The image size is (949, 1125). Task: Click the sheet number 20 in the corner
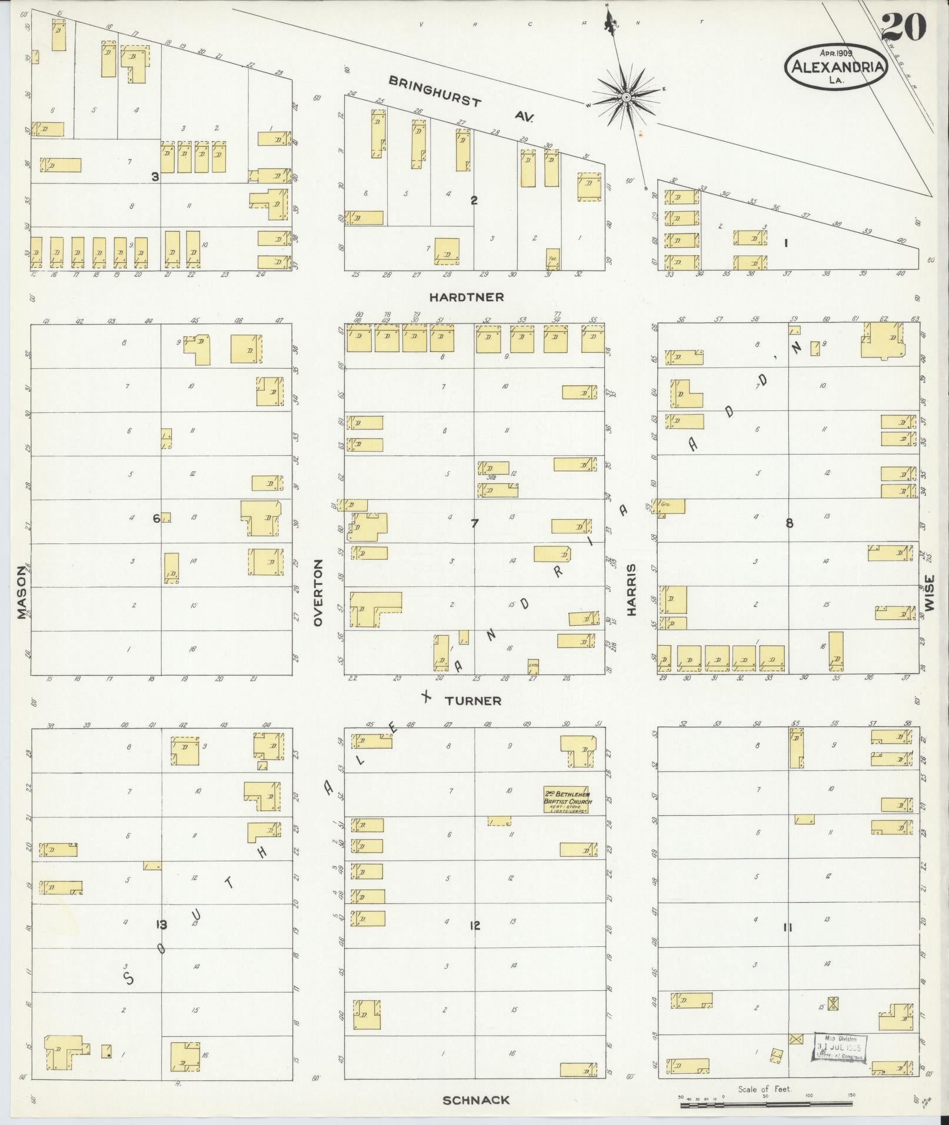pyautogui.click(x=904, y=27)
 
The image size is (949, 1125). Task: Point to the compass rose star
pyautogui.click(x=627, y=96)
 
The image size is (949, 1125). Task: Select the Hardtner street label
pyautogui.click(x=466, y=298)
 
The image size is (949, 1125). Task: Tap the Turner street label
pyautogui.click(x=472, y=701)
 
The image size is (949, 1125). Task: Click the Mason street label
pyautogui.click(x=22, y=593)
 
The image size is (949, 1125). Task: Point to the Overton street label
pyautogui.click(x=319, y=593)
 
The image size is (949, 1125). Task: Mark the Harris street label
pyautogui.click(x=632, y=590)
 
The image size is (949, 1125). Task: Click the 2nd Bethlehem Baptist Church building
pyautogui.click(x=567, y=801)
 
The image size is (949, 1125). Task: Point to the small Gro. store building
pyautogui.click(x=671, y=506)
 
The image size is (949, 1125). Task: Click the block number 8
pyautogui.click(x=790, y=523)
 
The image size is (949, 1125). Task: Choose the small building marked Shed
pyautogui.click(x=533, y=666)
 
